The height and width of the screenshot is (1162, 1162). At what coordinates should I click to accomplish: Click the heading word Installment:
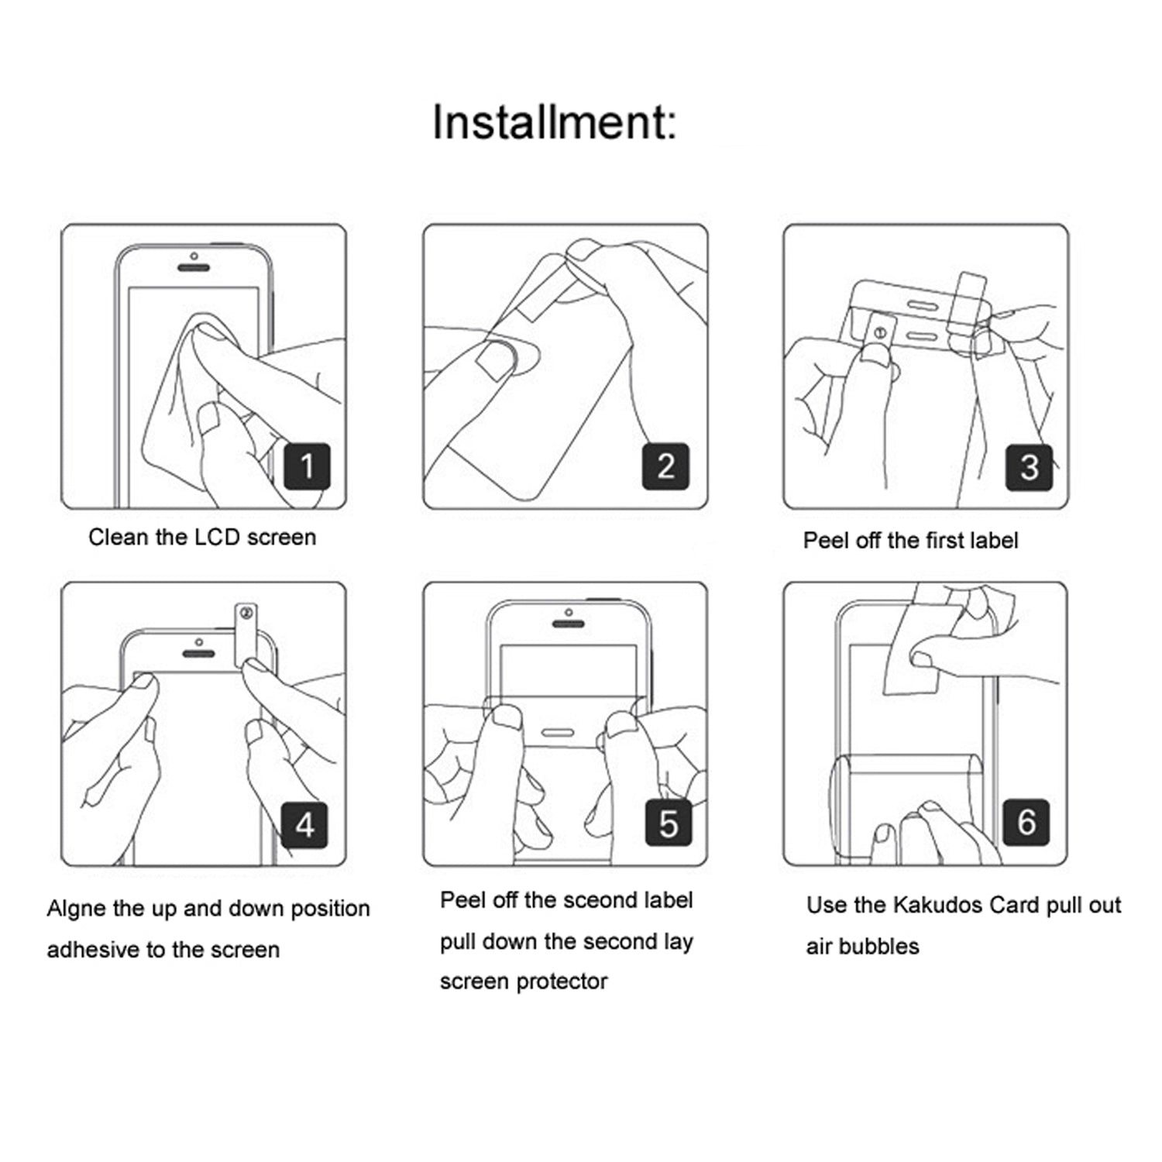(x=554, y=122)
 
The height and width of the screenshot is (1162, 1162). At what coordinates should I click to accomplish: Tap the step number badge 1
(x=307, y=466)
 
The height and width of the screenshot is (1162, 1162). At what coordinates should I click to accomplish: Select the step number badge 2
(x=665, y=466)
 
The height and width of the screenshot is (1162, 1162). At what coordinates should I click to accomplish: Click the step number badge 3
(x=1029, y=467)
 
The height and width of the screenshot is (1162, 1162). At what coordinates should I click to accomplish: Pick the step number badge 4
(x=304, y=825)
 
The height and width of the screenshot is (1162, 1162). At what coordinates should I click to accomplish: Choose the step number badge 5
(x=668, y=823)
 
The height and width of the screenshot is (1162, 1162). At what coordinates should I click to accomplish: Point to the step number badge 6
(x=1026, y=822)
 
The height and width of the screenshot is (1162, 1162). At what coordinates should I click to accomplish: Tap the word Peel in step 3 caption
(x=826, y=540)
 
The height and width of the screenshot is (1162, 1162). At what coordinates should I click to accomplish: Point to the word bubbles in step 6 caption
(x=882, y=946)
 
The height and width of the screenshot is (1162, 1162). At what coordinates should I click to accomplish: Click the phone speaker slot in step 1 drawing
(x=194, y=268)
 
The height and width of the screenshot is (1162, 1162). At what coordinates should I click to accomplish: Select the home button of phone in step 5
(x=558, y=733)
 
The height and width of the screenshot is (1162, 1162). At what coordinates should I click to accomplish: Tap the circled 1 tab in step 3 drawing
(x=879, y=333)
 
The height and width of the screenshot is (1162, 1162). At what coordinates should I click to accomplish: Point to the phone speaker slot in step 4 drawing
(x=198, y=654)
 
